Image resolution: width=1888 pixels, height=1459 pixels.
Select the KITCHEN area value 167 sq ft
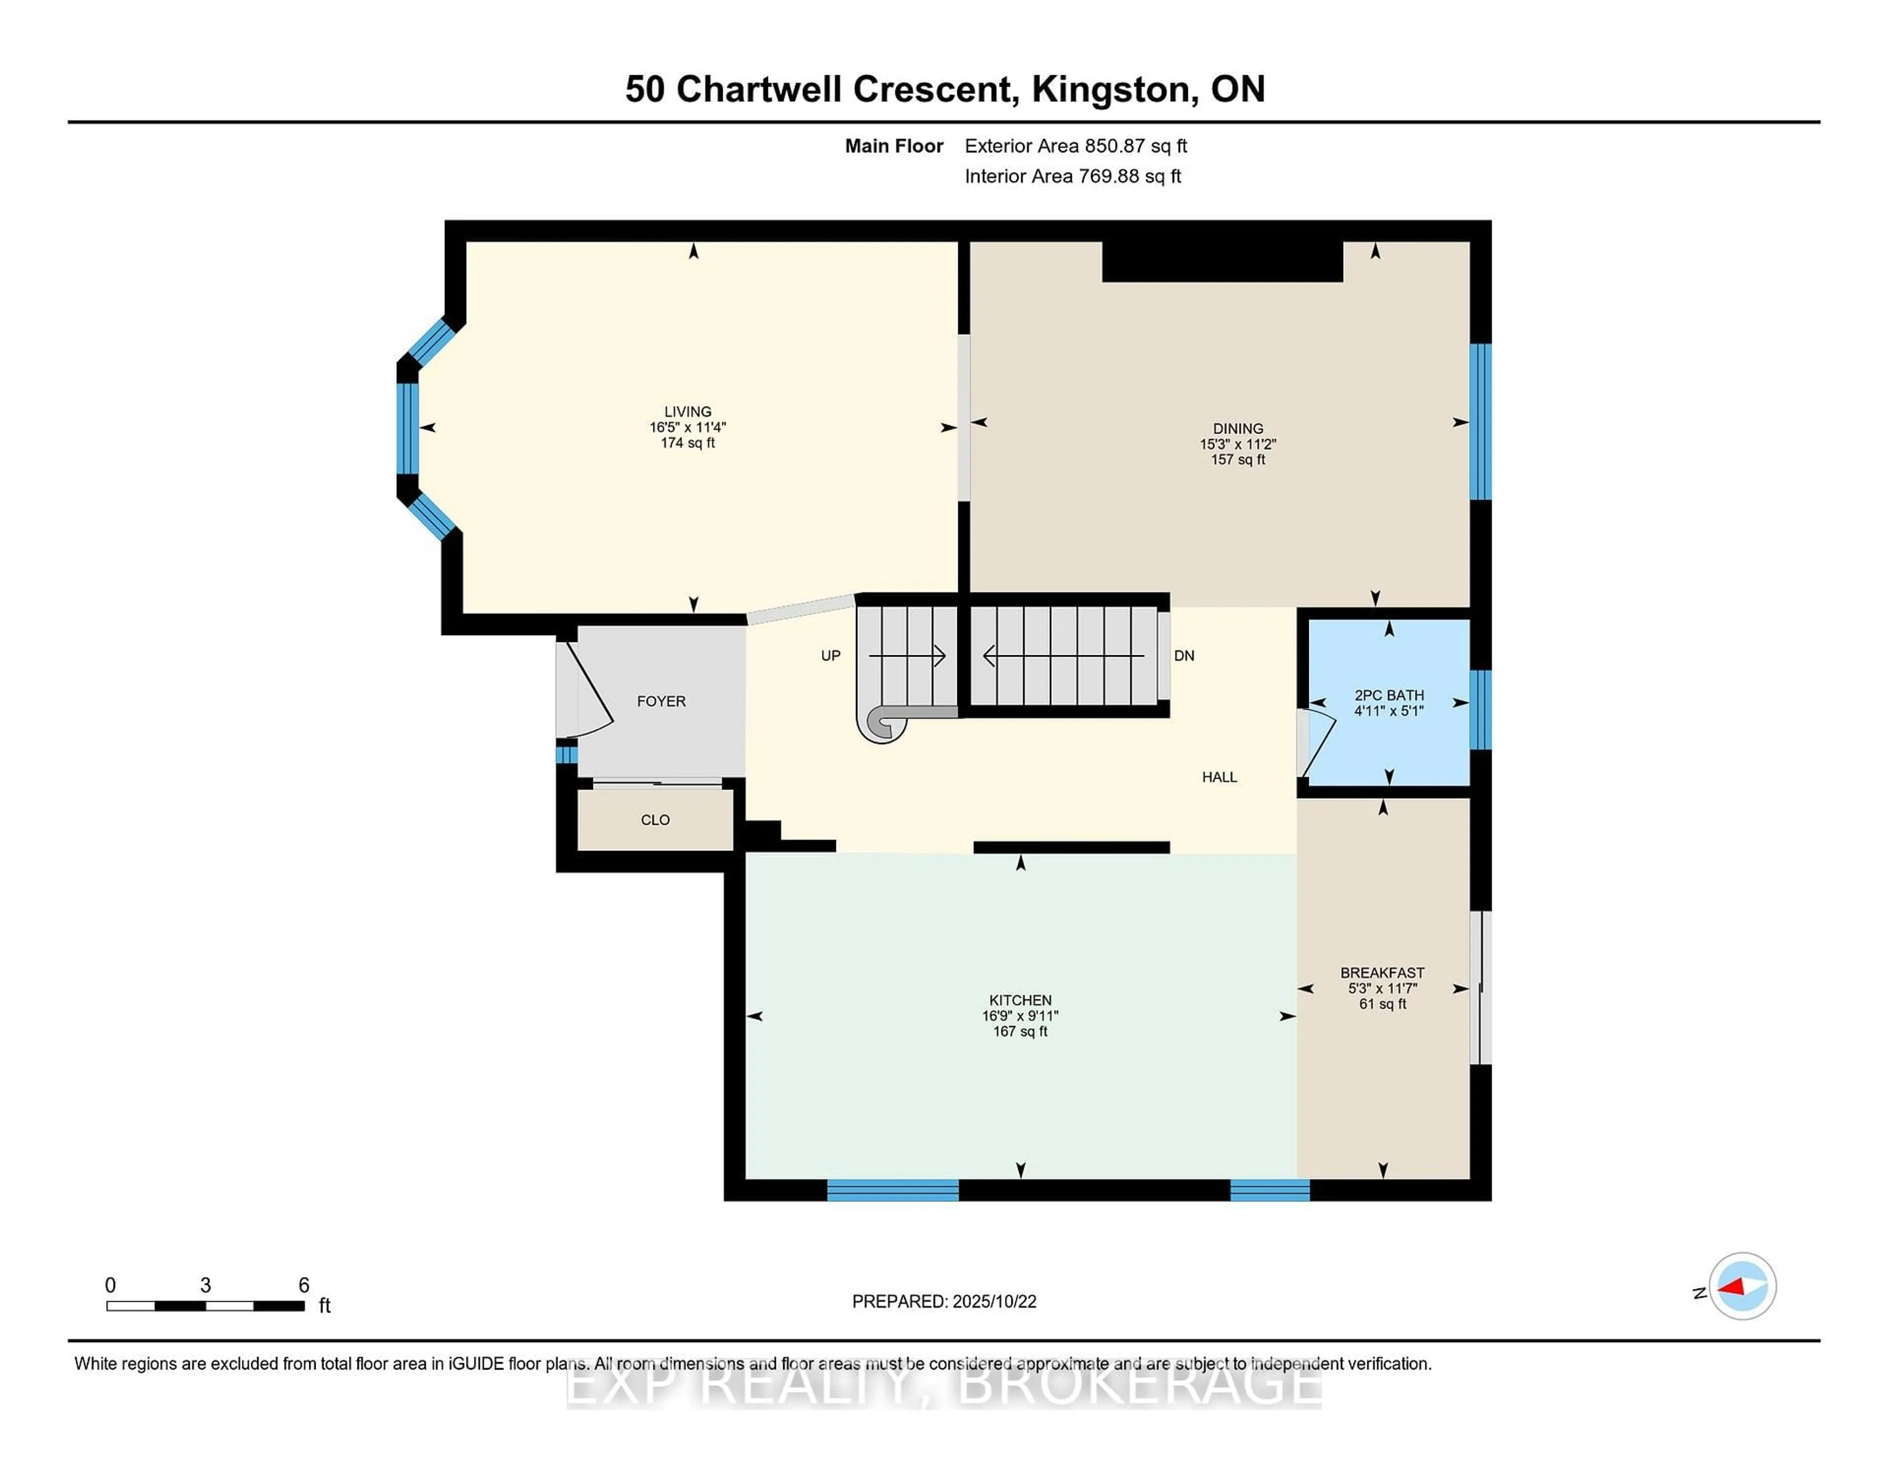1020,1031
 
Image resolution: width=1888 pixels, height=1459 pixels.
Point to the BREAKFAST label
1382,972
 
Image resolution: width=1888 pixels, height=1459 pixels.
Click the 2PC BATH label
1389,695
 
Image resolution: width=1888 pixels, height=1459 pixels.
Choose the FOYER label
661,701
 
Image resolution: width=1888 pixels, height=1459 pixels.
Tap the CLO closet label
655,819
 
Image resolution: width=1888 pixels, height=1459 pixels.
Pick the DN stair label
1184,655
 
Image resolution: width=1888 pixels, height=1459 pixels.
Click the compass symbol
1742,1286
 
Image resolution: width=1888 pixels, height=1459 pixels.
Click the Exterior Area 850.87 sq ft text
1076,146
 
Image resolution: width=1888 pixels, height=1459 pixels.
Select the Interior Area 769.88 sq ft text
1073,176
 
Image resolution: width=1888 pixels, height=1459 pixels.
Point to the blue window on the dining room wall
1480,422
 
